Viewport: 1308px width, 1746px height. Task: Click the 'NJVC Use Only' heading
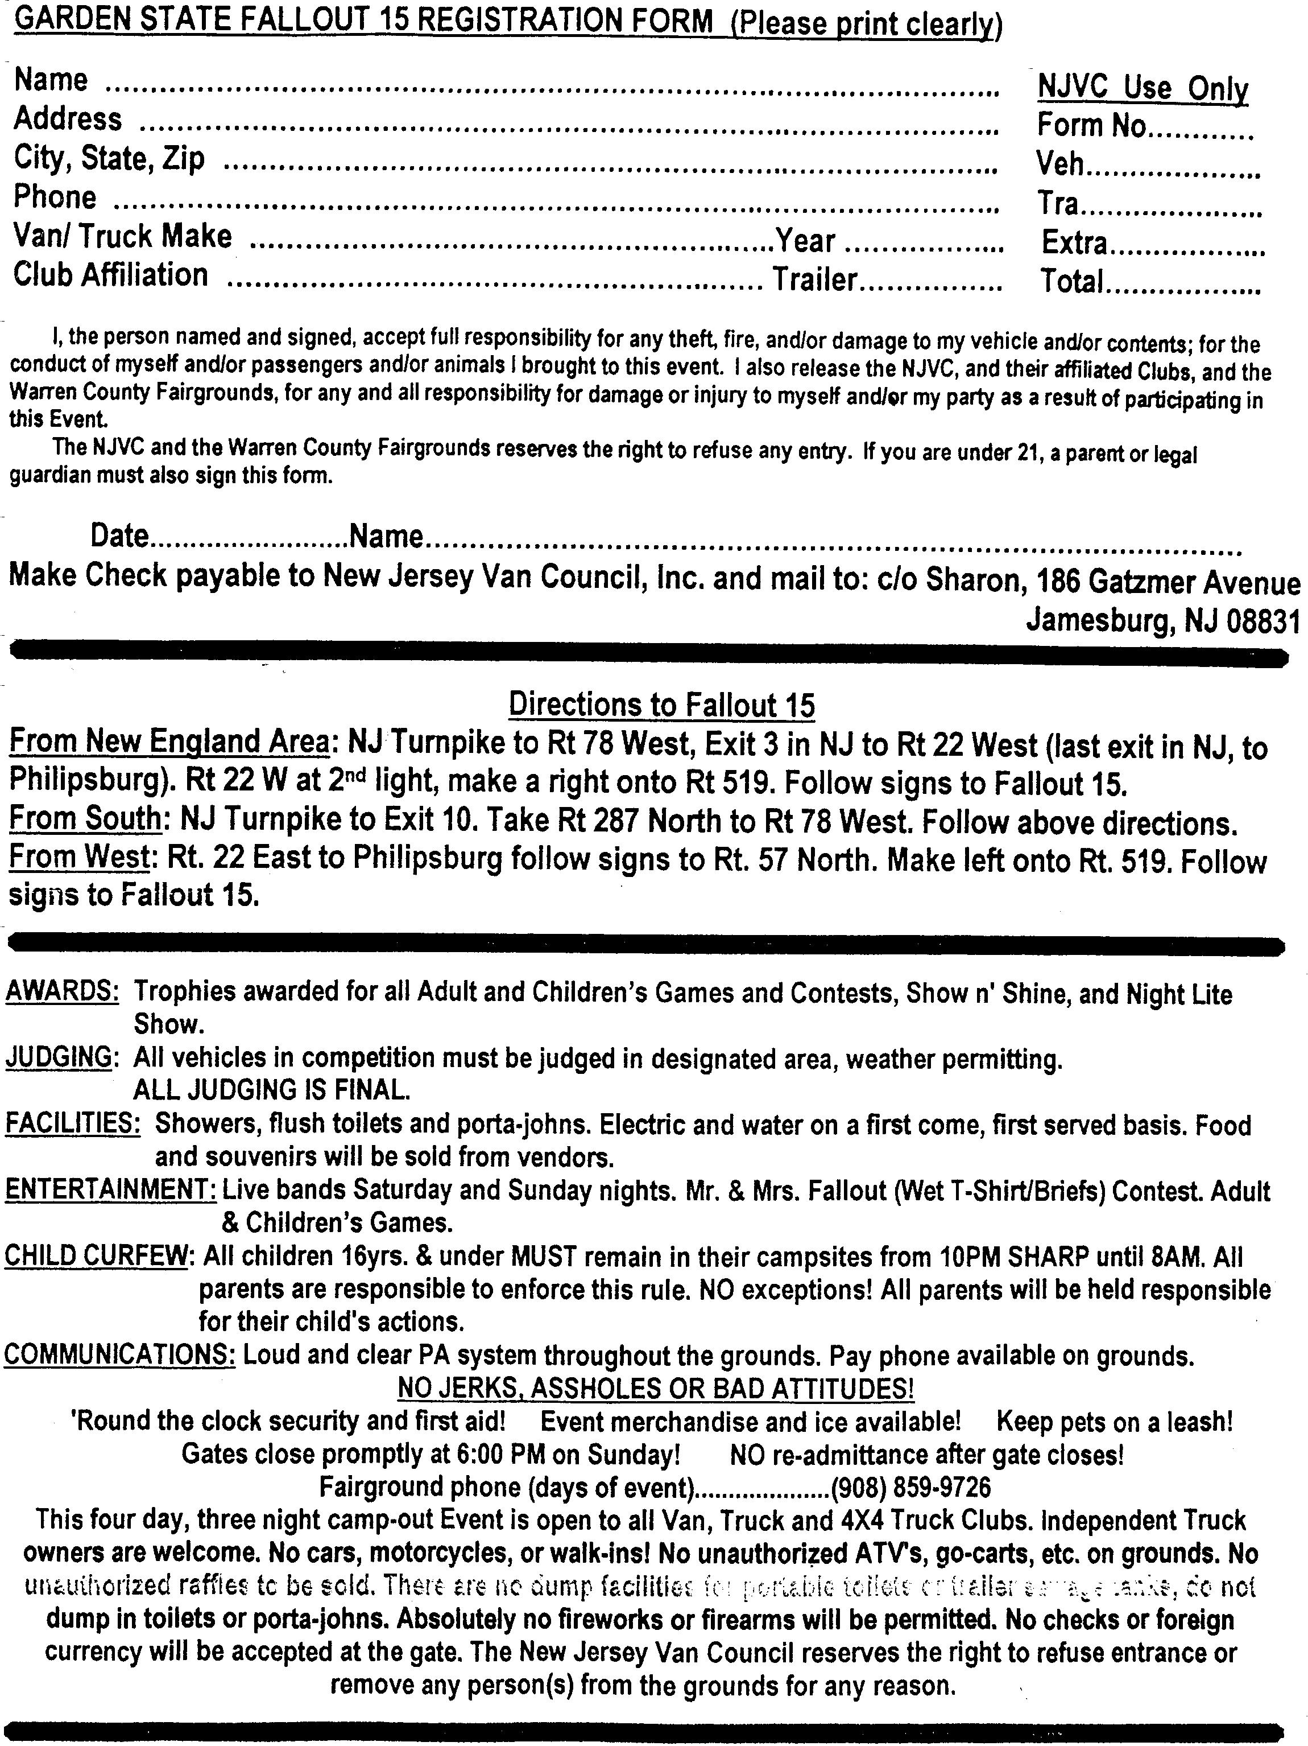1143,88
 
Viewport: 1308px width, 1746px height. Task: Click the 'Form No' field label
1091,126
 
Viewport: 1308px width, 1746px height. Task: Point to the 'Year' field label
805,241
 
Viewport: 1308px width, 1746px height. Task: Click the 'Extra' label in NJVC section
1074,243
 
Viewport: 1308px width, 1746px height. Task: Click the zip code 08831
1263,622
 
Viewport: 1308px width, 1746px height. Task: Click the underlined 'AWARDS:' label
63,991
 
